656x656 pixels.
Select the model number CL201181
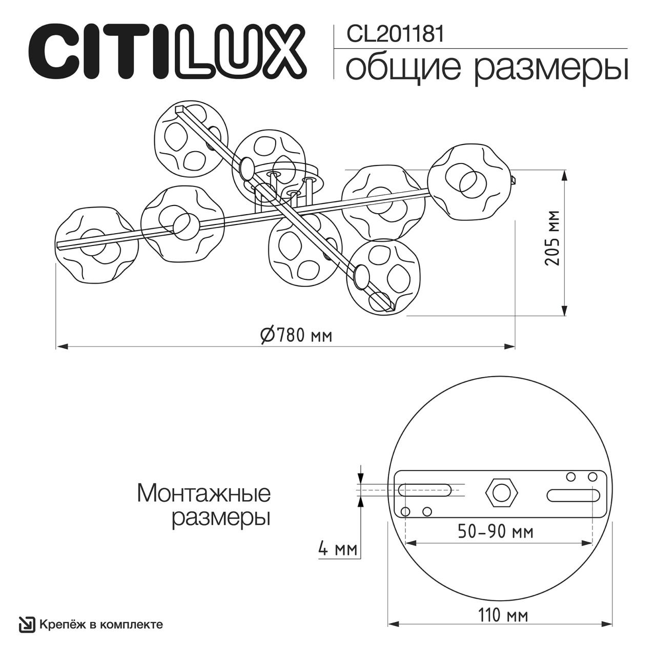[395, 34]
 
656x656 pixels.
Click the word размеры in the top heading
[550, 69]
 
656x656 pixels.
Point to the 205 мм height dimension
[552, 238]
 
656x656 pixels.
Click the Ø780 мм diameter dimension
[296, 335]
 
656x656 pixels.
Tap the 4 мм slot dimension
[337, 549]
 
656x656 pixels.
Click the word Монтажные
[203, 494]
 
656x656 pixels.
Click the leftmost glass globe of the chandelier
[96, 245]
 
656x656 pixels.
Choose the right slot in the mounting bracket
[572, 496]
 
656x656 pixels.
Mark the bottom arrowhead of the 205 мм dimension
[564, 311]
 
